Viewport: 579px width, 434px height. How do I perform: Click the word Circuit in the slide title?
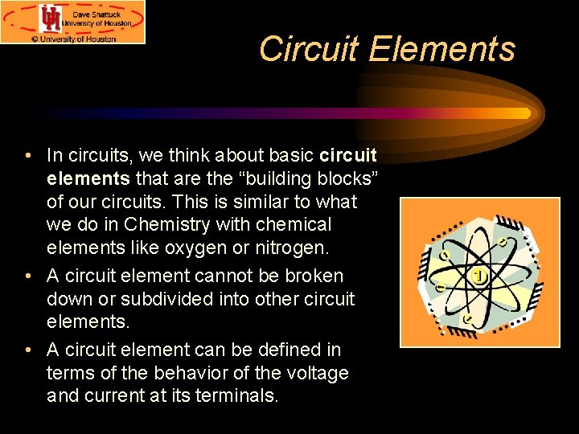(310, 49)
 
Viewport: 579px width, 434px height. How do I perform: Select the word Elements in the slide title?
(441, 49)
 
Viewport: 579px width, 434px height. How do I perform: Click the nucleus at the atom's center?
(480, 276)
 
